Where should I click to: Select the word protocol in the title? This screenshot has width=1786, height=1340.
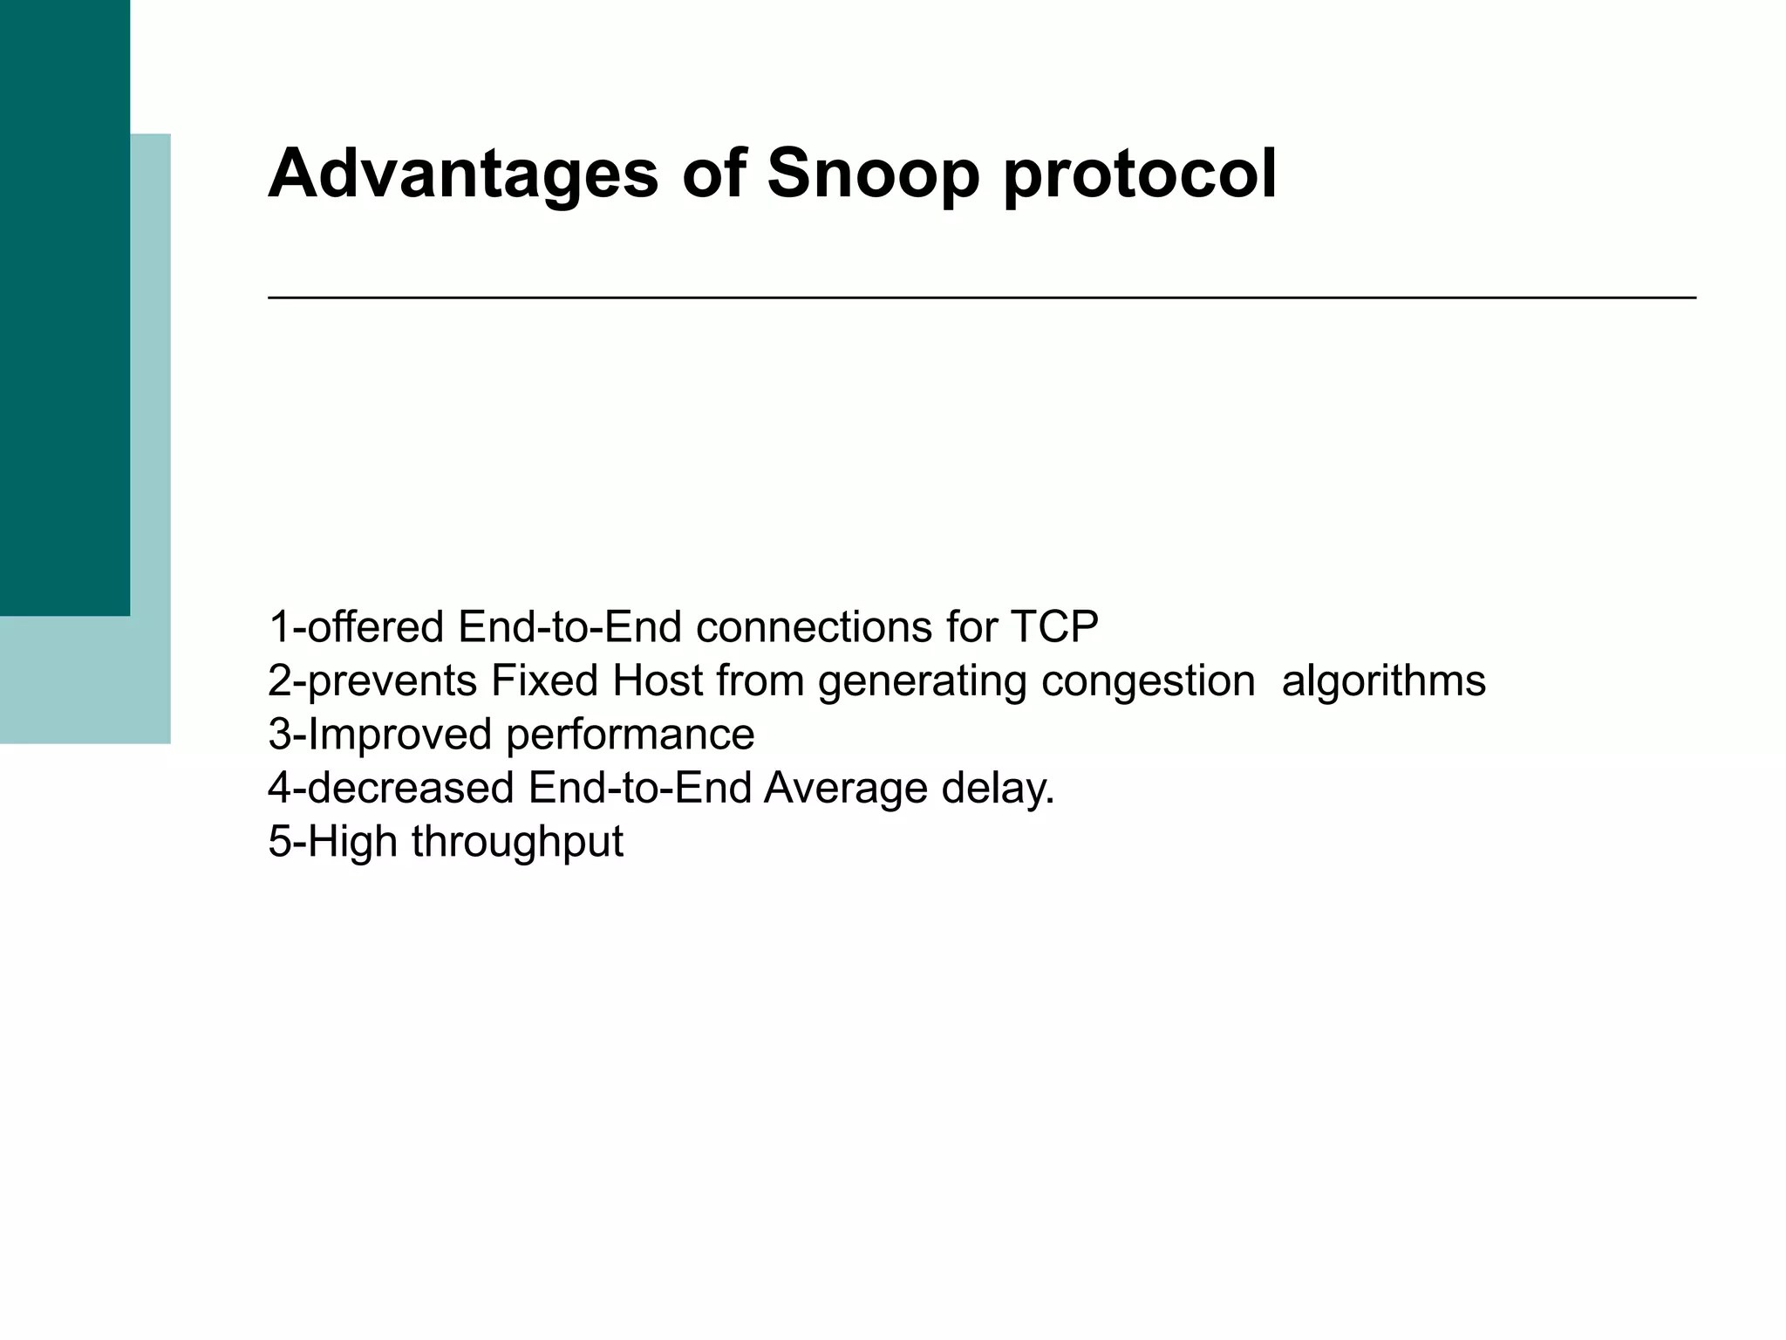[1140, 174]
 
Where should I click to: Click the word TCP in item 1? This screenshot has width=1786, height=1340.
[1054, 626]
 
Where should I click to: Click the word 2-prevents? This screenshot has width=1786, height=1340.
[372, 680]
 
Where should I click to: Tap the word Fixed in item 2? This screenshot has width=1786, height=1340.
[544, 680]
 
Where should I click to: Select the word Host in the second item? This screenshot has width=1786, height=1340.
[658, 680]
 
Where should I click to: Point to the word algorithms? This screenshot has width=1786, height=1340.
[1384, 682]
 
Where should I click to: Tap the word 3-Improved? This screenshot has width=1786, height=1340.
[380, 734]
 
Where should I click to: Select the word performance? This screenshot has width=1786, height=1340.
[630, 735]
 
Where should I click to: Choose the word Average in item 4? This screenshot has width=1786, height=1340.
[845, 790]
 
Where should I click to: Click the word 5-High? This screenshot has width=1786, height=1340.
[333, 842]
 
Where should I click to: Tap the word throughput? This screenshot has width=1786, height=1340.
[517, 844]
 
